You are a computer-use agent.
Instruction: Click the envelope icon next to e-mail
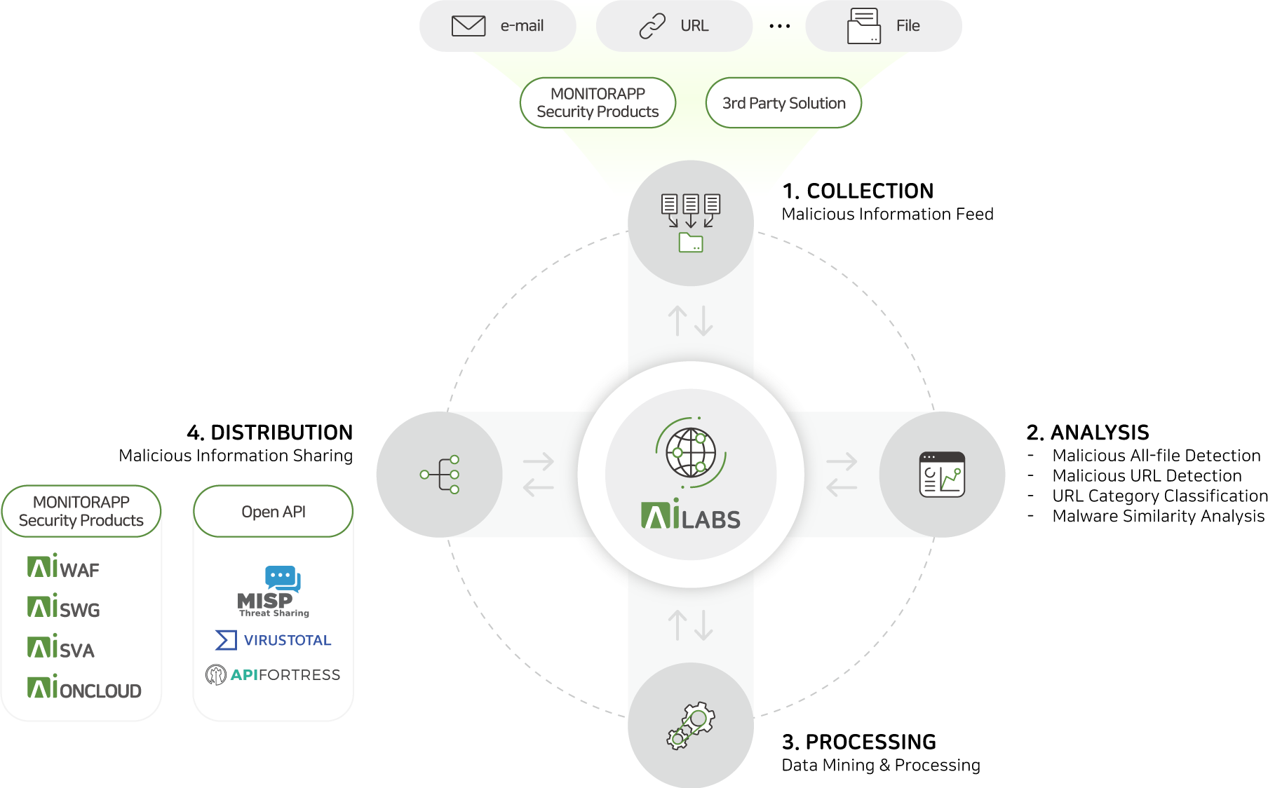tap(468, 26)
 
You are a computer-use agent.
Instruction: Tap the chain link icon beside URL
tap(652, 26)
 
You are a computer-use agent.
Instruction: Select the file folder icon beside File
tap(864, 27)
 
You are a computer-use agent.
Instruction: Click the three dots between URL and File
tap(779, 27)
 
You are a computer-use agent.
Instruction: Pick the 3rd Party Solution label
tap(783, 103)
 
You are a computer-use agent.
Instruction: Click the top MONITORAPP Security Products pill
tap(598, 103)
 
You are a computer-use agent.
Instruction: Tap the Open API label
tap(274, 512)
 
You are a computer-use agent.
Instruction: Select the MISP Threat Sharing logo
tap(274, 592)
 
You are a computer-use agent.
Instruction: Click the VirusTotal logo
tap(274, 640)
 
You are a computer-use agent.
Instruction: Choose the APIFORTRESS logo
tap(274, 674)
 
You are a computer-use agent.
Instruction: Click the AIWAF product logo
tap(64, 567)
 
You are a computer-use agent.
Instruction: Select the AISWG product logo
tap(64, 608)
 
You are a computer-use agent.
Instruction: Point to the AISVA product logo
tap(61, 648)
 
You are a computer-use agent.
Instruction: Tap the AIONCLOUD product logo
tap(84, 688)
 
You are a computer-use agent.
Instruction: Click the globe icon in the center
tap(691, 452)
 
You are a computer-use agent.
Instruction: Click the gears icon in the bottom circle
tap(691, 726)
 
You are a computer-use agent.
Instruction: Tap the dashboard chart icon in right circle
tap(942, 475)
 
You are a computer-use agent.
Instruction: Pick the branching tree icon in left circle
tap(440, 475)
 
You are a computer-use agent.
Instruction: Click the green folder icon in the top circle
tap(691, 243)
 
